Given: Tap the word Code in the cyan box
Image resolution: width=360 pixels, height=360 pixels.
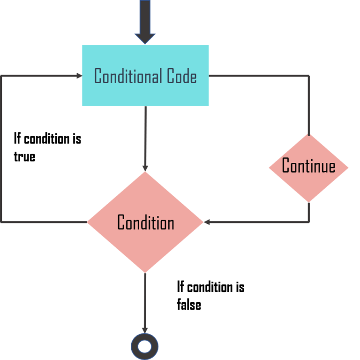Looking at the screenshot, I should (x=181, y=76).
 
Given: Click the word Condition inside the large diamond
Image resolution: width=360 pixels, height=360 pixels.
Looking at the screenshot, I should (x=145, y=222).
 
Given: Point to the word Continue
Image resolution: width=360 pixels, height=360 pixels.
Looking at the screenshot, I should (x=308, y=166).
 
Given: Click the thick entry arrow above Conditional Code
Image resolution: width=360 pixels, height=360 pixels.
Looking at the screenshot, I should (x=145, y=21).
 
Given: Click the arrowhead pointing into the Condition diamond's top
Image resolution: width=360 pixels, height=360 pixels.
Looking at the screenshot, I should (x=145, y=168).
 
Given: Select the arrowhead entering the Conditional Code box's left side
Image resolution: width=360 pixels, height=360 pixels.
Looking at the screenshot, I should (x=79, y=76).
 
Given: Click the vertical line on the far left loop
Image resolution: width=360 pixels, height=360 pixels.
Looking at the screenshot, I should (x=2, y=150).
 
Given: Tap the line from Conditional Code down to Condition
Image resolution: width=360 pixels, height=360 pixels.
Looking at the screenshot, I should (x=145, y=136).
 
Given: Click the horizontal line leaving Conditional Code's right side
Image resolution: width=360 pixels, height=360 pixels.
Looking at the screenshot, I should (x=258, y=76).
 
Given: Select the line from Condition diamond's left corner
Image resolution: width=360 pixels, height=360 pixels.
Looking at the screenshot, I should (x=45, y=222).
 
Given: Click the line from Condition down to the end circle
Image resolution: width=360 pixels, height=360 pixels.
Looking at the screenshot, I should (x=145, y=300).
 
